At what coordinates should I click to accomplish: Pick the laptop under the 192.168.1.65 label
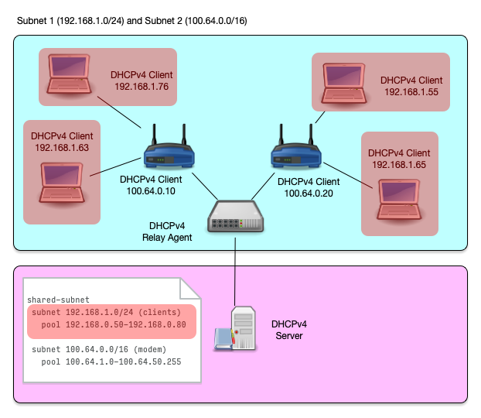coord(400,197)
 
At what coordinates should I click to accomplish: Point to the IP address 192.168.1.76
coord(141,87)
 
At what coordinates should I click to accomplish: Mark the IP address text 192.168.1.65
coord(399,165)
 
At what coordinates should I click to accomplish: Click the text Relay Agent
coord(167,238)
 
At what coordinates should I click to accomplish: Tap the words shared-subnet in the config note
coord(58,300)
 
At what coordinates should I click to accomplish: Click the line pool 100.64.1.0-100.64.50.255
coord(111,361)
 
